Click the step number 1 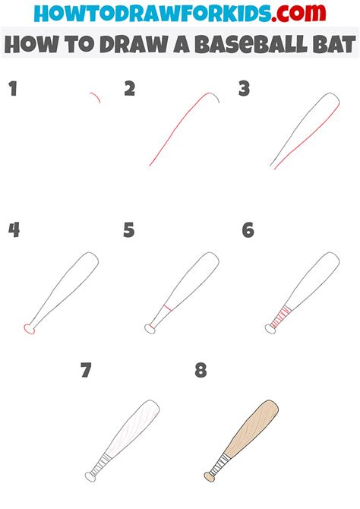click(x=13, y=89)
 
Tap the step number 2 click(x=130, y=89)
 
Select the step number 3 click(x=244, y=89)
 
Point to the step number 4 click(x=14, y=230)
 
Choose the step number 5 click(x=129, y=230)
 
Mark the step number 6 click(x=248, y=230)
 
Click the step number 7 click(x=86, y=370)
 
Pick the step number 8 click(x=201, y=370)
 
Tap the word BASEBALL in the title click(x=251, y=45)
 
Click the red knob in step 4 click(x=29, y=329)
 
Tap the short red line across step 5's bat click(x=168, y=308)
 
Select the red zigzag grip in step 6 click(x=280, y=317)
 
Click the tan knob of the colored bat click(x=210, y=477)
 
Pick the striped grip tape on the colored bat click(x=220, y=464)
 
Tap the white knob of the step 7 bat click(x=90, y=477)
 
